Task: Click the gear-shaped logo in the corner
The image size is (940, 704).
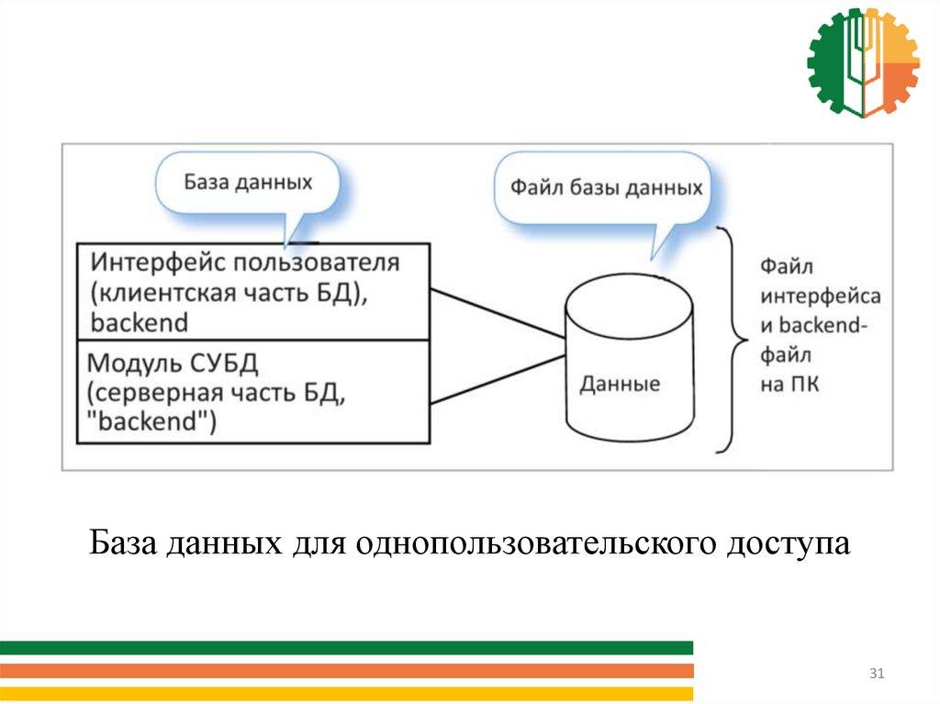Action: click(x=863, y=62)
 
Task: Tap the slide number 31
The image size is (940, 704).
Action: click(x=876, y=675)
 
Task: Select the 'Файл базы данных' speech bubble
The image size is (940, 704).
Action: click(x=606, y=189)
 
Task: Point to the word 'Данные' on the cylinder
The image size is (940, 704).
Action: click(x=620, y=384)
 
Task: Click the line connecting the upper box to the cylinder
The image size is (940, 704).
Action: click(x=496, y=312)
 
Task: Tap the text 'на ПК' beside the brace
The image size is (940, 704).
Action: click(x=789, y=386)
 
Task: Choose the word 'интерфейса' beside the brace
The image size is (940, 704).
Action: click(x=821, y=296)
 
